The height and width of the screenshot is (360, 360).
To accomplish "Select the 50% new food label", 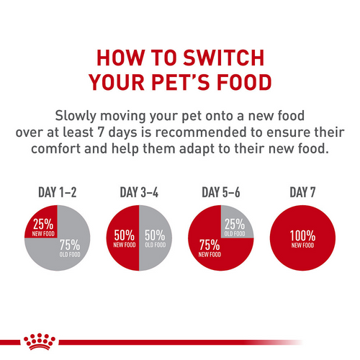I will click(125, 237).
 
